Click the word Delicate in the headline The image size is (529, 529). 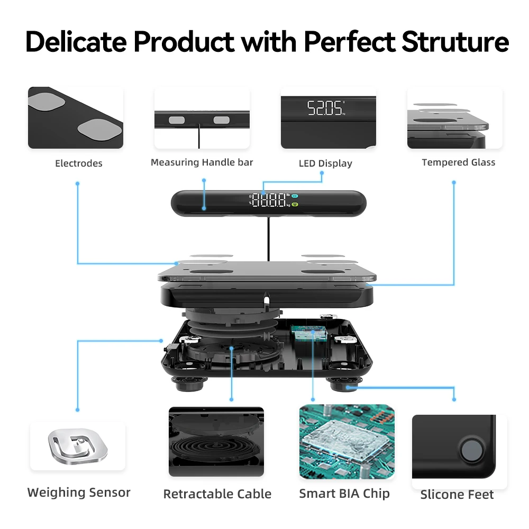pyautogui.click(x=76, y=42)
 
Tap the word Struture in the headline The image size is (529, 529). pyautogui.click(x=455, y=42)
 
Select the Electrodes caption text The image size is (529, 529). pyautogui.click(x=79, y=163)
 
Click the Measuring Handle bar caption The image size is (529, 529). pyautogui.click(x=202, y=162)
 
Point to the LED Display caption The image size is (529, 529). pyautogui.click(x=325, y=163)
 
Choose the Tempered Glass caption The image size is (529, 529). pyautogui.click(x=459, y=162)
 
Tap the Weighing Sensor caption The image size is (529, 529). pyautogui.click(x=79, y=492)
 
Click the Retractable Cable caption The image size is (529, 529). pyautogui.click(x=217, y=494)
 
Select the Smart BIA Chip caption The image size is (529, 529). pyautogui.click(x=344, y=494)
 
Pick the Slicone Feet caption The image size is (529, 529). pyautogui.click(x=457, y=495)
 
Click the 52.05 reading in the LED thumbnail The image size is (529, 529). pyautogui.click(x=325, y=108)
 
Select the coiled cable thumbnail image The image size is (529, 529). pyautogui.click(x=216, y=441)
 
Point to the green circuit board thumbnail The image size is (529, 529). pyautogui.click(x=347, y=442)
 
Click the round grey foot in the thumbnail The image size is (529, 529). pyautogui.click(x=471, y=450)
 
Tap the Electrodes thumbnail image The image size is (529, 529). pyautogui.click(x=76, y=117)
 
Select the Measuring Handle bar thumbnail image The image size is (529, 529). pyautogui.click(x=202, y=117)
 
